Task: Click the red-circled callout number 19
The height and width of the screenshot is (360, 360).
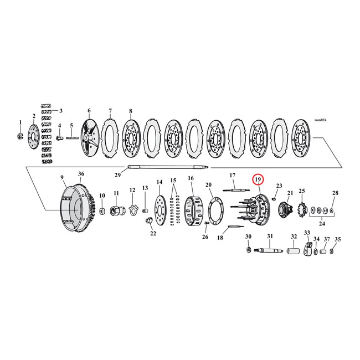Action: click(x=258, y=180)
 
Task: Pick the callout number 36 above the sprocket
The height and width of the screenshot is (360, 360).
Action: click(x=81, y=174)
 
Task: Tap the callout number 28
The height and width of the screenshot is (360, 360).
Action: click(x=335, y=193)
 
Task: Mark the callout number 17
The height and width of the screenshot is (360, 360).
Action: click(x=233, y=176)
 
